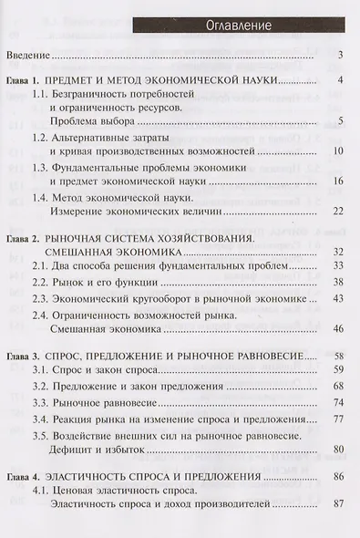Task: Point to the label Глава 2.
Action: pos(25,239)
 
